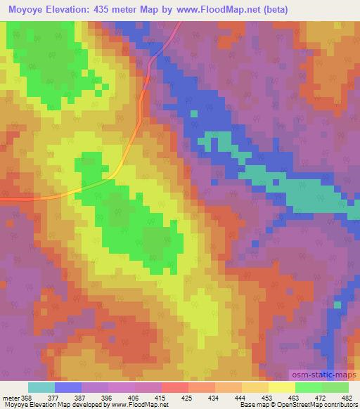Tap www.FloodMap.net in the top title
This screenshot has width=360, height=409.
(226, 9)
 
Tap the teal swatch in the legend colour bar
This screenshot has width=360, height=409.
(41, 387)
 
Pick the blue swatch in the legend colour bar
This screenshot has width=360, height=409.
(67, 387)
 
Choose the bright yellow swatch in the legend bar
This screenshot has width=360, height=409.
(281, 387)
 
